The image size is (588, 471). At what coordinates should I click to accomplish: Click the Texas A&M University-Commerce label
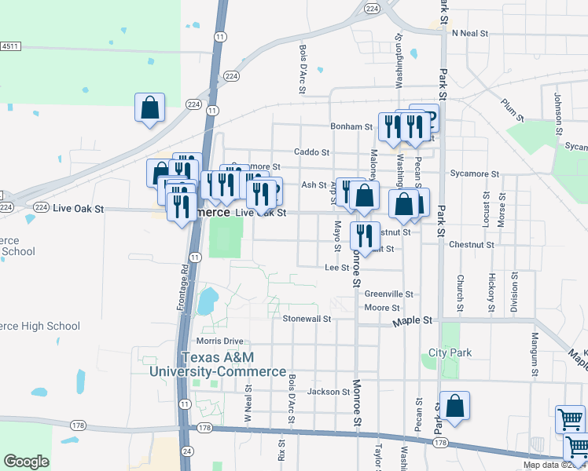click(x=219, y=364)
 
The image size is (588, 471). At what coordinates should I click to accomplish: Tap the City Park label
click(x=450, y=352)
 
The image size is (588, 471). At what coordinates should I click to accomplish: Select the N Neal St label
click(x=470, y=33)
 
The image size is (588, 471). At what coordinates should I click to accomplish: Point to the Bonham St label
click(x=351, y=126)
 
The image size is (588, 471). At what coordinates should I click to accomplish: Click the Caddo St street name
click(x=311, y=152)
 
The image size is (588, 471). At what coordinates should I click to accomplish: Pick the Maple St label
click(x=417, y=320)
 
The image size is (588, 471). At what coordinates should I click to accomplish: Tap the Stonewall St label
click(x=307, y=319)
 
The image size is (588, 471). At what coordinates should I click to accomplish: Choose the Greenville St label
click(x=388, y=294)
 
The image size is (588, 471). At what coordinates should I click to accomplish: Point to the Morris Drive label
click(x=220, y=341)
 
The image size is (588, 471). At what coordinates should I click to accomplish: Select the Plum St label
click(x=512, y=109)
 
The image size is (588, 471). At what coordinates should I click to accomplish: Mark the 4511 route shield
click(x=9, y=47)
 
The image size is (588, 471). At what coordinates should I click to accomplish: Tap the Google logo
click(x=26, y=462)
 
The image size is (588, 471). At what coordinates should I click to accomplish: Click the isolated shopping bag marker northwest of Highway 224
click(x=149, y=108)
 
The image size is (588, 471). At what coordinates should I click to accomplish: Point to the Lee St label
click(x=336, y=268)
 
